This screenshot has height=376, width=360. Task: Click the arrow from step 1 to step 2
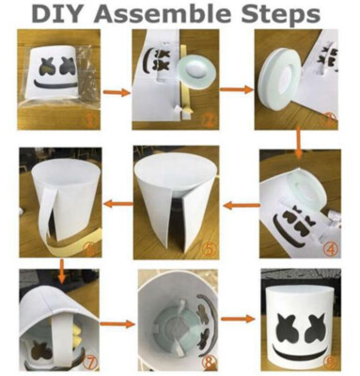tap(117, 92)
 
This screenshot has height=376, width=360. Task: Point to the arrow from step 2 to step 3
tap(237, 90)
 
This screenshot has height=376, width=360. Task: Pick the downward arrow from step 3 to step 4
tap(298, 142)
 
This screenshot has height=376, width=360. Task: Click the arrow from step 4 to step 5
tap(242, 206)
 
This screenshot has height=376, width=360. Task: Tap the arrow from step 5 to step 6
tap(118, 204)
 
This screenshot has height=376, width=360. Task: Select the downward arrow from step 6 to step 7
tap(62, 270)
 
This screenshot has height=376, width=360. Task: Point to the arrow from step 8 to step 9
tap(238, 319)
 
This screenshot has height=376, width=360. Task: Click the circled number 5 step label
tap(210, 249)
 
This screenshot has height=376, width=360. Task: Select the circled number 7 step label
tap(90, 365)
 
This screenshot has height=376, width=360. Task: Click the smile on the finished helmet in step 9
tap(301, 350)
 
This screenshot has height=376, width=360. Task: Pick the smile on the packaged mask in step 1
tap(54, 84)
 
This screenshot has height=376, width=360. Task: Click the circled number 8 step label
tap(209, 364)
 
